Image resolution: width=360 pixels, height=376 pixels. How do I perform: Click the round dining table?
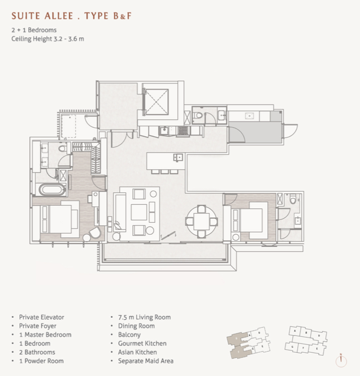[202, 221]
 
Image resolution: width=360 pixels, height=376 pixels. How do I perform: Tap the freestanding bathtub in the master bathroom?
[52, 189]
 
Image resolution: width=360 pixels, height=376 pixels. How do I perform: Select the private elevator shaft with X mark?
[156, 102]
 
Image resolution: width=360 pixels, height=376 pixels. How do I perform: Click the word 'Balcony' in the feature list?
[129, 335]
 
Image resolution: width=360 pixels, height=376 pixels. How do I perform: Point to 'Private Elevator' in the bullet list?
[41, 317]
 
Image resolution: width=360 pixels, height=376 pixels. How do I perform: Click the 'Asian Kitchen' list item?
[137, 352]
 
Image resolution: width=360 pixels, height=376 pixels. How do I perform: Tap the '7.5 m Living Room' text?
[144, 317]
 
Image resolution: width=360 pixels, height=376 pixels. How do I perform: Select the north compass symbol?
[341, 360]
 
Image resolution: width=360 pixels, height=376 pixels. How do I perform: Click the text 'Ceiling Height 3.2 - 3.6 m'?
[47, 39]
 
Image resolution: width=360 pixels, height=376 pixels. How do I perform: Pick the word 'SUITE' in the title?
[26, 16]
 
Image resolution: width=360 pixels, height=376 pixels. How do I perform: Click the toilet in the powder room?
[198, 115]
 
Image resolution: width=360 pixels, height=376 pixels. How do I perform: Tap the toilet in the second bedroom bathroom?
[293, 199]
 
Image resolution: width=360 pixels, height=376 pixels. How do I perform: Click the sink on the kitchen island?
[178, 158]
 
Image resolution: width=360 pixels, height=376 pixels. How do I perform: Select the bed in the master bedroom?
[59, 219]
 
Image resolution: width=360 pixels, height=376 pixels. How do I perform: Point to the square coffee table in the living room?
[139, 212]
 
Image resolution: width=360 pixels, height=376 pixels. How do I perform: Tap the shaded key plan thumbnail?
[248, 343]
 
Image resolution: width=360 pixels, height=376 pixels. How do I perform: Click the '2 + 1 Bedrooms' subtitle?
[34, 30]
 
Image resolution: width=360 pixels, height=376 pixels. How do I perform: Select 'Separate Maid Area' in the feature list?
[145, 361]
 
